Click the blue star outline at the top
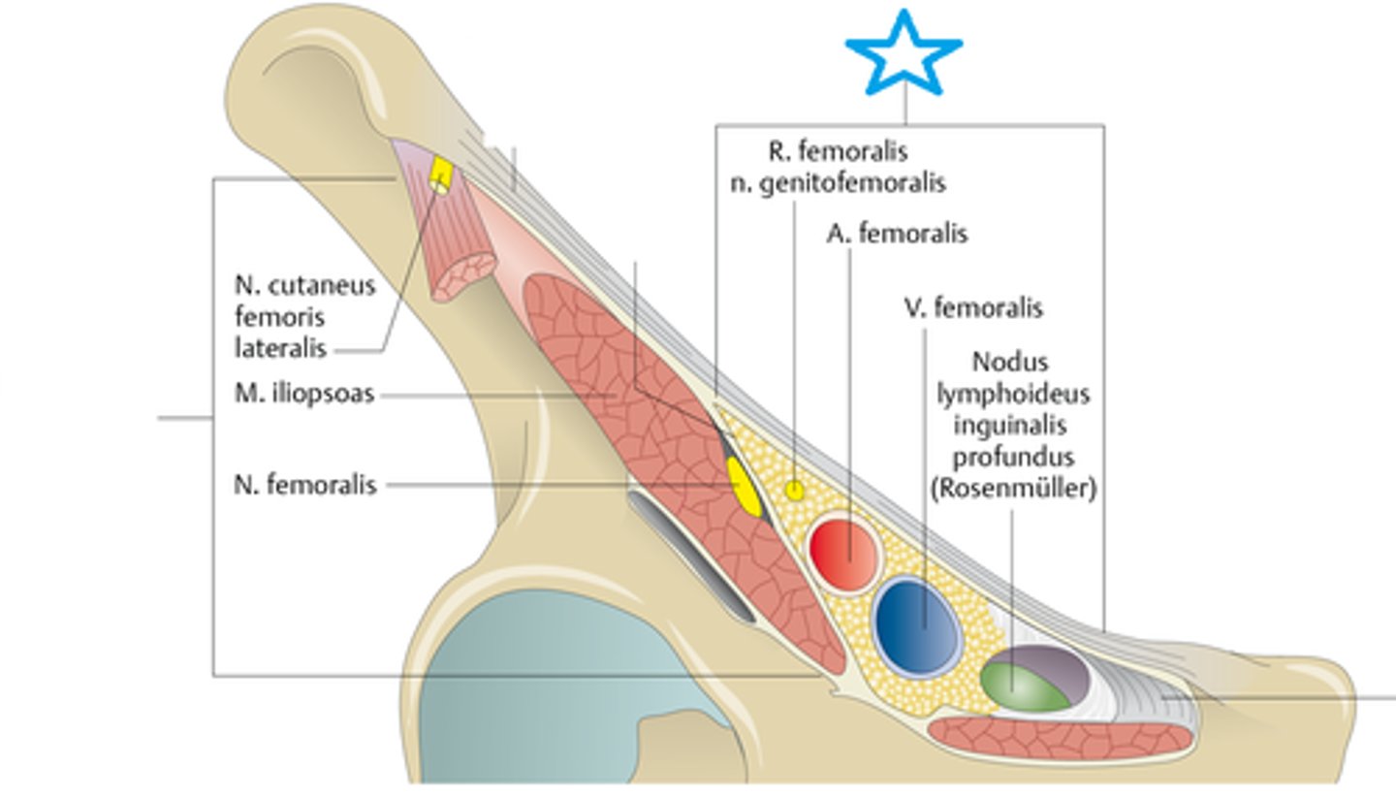[x=904, y=53]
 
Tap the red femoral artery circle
[x=844, y=556]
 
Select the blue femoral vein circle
[x=917, y=625]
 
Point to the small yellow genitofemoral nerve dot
[x=795, y=491]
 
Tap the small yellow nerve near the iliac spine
[x=441, y=175]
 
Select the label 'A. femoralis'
[x=897, y=234]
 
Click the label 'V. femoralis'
[x=973, y=308]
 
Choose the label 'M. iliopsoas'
[x=304, y=395]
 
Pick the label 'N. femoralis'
[x=305, y=485]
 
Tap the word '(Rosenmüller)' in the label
[x=1013, y=489]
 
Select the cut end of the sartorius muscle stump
[x=463, y=277]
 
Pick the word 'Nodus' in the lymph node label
[x=1009, y=363]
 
